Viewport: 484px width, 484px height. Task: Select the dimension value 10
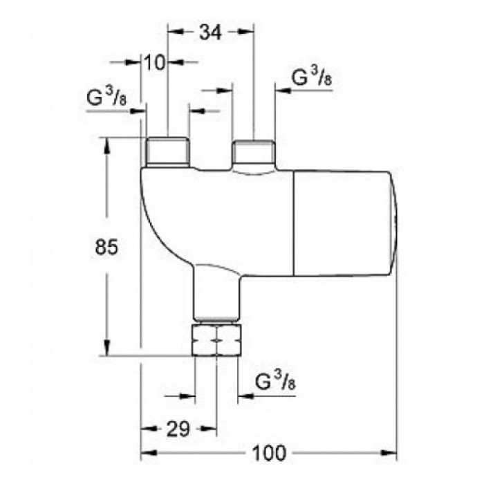click(x=156, y=62)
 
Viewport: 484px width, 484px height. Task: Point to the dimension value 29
click(x=178, y=430)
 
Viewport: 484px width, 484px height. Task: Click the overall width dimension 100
click(x=268, y=454)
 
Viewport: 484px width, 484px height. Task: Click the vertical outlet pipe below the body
click(x=216, y=294)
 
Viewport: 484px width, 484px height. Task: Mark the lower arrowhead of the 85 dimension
click(x=106, y=350)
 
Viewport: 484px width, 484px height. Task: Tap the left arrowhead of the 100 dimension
click(x=147, y=454)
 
